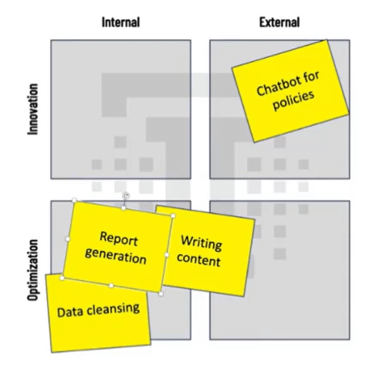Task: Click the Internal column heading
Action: (x=121, y=22)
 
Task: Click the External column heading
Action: (x=279, y=22)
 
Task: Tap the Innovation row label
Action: (x=33, y=109)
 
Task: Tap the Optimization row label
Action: (x=33, y=270)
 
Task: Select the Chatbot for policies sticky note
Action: (x=290, y=91)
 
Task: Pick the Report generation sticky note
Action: (x=118, y=247)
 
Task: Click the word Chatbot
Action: (x=276, y=86)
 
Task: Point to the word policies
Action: (x=294, y=101)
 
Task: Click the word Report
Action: (x=119, y=238)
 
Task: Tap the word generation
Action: (x=115, y=257)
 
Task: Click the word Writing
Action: (x=201, y=242)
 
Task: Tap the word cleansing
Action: (x=114, y=309)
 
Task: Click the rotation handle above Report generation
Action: (x=126, y=196)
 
